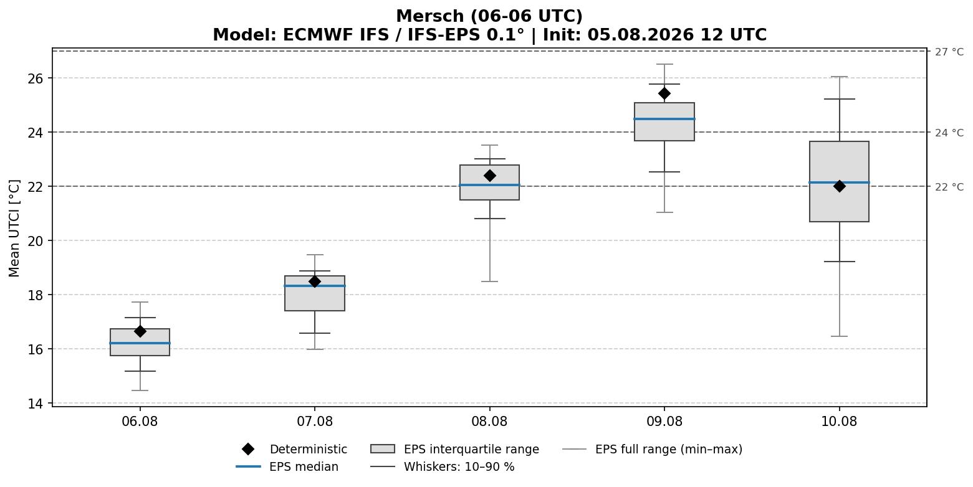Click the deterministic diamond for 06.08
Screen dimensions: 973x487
[140, 331]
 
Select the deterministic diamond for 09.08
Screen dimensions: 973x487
[664, 93]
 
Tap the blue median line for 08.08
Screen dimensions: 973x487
[489, 185]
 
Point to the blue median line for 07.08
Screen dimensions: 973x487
[315, 286]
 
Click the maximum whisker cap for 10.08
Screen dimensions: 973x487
[839, 77]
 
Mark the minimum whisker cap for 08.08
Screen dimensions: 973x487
[489, 281]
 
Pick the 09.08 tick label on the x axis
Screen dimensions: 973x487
[664, 421]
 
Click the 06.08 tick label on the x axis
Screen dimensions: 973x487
[140, 421]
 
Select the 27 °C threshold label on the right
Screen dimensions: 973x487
[949, 52]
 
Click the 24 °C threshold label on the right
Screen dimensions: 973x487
[949, 133]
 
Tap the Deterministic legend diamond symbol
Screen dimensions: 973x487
[248, 449]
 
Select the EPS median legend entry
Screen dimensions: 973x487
[287, 466]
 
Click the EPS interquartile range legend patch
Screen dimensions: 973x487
[382, 449]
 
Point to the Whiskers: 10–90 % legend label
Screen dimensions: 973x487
[459, 466]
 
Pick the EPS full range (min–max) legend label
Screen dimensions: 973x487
[669, 449]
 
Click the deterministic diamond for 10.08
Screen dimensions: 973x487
[839, 186]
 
